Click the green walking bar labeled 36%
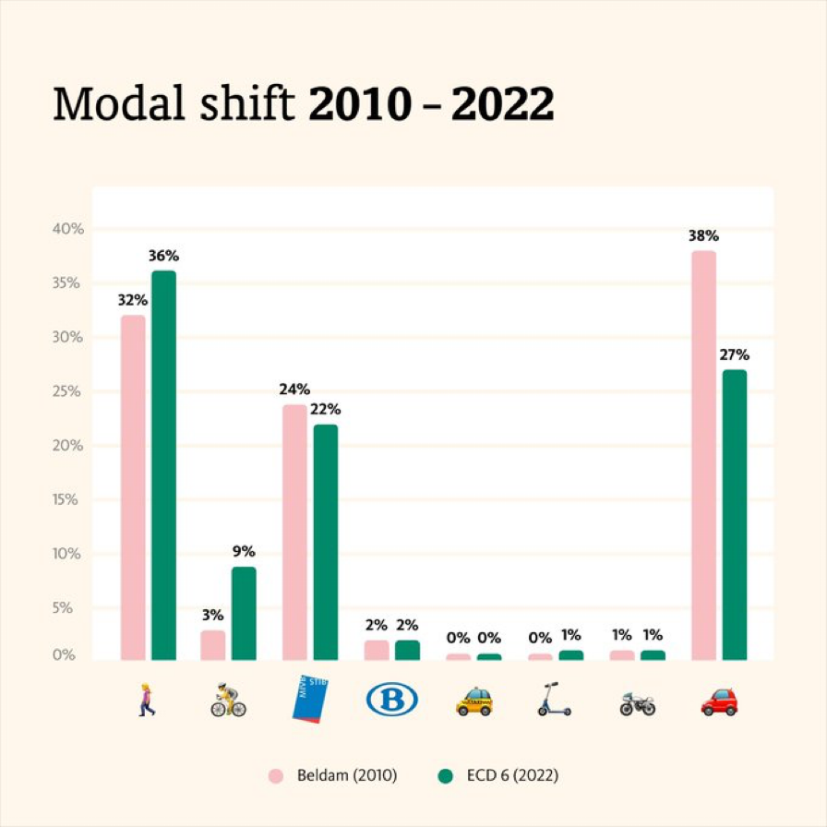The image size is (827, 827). click(163, 465)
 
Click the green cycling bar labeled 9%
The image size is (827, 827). click(244, 613)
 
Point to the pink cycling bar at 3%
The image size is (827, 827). click(213, 645)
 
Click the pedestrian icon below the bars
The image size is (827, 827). click(147, 700)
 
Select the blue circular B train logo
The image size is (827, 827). click(391, 700)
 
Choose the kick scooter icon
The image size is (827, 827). click(554, 700)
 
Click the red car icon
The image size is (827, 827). click(719, 701)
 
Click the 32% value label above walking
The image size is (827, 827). click(132, 300)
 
